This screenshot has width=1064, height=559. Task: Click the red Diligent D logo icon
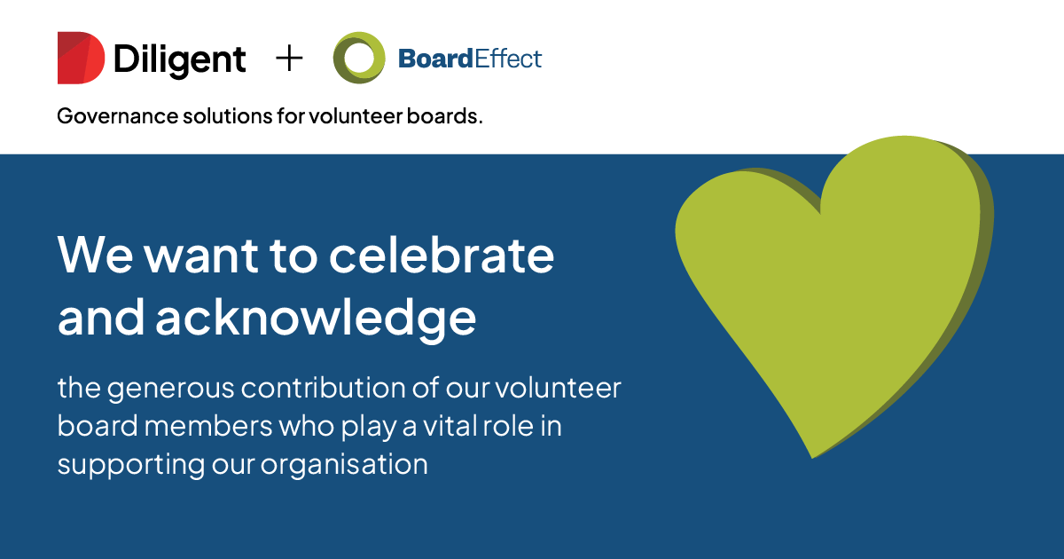coord(81,58)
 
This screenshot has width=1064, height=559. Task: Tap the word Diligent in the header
coord(180,60)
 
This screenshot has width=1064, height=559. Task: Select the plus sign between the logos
coord(289,59)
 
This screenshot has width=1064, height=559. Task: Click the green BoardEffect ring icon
coord(359,58)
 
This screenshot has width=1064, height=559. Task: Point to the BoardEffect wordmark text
coord(470,59)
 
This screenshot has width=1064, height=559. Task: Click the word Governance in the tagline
coord(117,116)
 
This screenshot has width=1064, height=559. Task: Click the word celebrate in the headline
coord(442,256)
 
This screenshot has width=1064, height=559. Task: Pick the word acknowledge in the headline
coord(316,319)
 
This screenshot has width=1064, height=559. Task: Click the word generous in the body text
coord(170,389)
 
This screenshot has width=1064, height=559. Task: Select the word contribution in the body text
coord(323,388)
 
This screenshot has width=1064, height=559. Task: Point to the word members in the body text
coord(208,425)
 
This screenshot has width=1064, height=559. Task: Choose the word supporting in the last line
coord(131,465)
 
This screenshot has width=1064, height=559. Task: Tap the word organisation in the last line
coord(344,465)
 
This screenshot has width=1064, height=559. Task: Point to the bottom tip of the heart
coord(813,458)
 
